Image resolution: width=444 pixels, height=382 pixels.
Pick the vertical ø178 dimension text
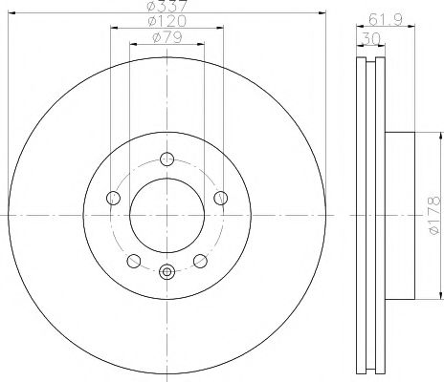point(433,216)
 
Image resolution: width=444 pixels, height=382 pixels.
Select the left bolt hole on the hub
point(112,198)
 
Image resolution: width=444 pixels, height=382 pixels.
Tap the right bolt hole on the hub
point(222,198)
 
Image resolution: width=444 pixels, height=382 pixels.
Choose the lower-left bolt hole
point(133,261)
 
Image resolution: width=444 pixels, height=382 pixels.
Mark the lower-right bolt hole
point(200,261)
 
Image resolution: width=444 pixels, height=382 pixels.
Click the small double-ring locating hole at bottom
point(166,271)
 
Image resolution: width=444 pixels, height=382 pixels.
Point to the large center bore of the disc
point(166,216)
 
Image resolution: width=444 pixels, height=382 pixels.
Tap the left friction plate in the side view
point(360,216)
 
